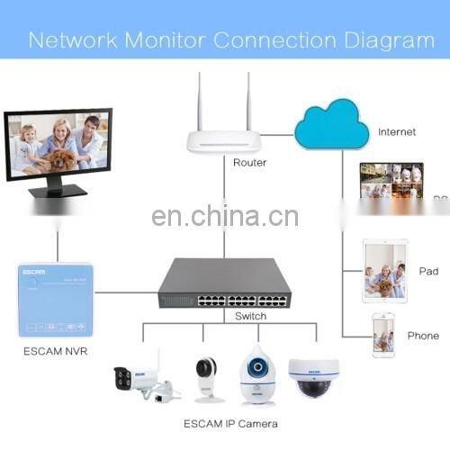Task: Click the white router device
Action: tap(224, 140)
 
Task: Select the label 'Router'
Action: tap(249, 163)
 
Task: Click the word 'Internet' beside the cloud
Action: tap(397, 131)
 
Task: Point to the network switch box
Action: tap(224, 283)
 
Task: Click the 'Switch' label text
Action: tap(250, 316)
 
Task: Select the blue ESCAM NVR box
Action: tap(55, 300)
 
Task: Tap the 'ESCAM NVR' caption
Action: tap(55, 350)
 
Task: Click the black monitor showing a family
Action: tap(58, 148)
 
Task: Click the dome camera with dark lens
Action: tap(313, 376)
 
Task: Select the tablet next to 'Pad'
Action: tap(384, 270)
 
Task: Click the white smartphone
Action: tap(383, 334)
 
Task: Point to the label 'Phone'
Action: tap(422, 336)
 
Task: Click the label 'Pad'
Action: tap(428, 271)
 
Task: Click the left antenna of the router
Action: tap(200, 101)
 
